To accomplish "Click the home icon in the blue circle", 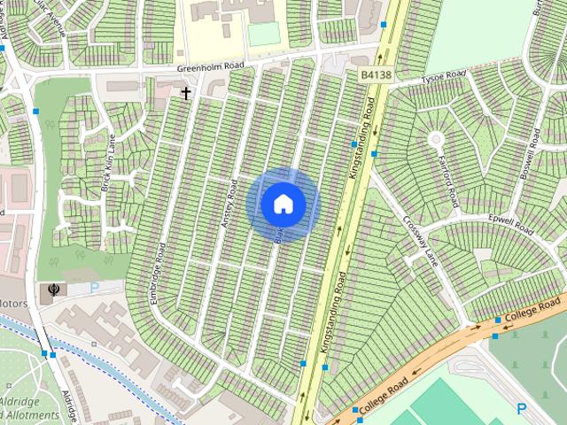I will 283,205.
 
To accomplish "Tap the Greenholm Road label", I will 208,67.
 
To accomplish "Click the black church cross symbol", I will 186,92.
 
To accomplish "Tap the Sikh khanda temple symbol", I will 53,289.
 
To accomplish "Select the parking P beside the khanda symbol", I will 96,288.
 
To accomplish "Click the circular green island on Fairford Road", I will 435,139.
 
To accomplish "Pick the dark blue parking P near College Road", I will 521,408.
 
